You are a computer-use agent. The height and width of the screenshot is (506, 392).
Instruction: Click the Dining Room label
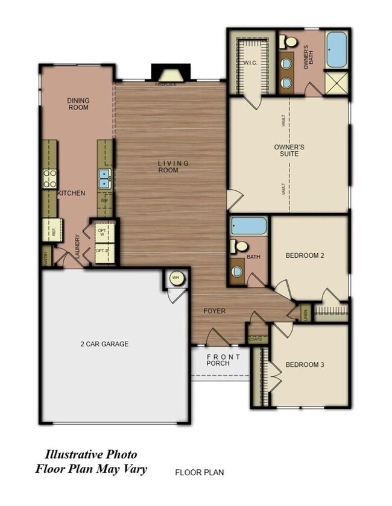(x=78, y=104)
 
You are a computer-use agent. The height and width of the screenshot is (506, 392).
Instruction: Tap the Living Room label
(x=173, y=167)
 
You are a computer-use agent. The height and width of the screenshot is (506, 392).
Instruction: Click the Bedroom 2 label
(x=305, y=255)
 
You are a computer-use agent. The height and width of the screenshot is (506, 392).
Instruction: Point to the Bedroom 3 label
(x=305, y=365)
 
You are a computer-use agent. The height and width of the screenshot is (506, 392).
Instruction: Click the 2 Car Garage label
(x=104, y=345)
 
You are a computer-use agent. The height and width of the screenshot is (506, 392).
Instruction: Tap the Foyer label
(x=214, y=311)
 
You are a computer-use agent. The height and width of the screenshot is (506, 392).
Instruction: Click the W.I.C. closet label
(x=251, y=63)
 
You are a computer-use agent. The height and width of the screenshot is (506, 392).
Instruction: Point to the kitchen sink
(x=104, y=178)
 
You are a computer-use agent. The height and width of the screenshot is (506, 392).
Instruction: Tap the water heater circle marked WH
(x=176, y=278)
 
